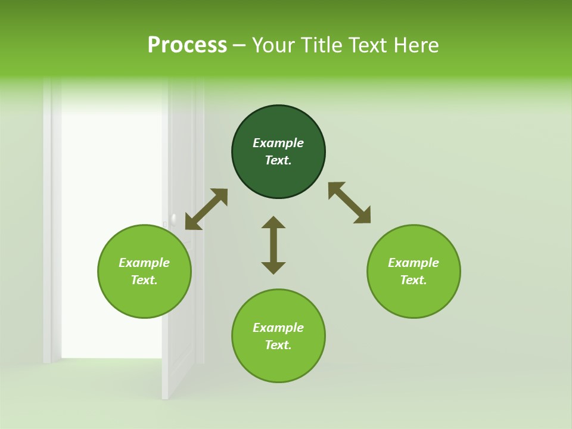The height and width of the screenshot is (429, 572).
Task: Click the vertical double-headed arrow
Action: [273, 245]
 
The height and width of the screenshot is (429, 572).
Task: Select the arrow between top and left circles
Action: [206, 209]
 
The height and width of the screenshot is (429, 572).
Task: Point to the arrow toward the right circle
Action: [350, 203]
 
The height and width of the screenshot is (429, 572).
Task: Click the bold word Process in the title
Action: [187, 45]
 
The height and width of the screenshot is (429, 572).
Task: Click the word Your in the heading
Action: [273, 45]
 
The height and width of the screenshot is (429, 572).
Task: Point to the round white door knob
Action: [173, 219]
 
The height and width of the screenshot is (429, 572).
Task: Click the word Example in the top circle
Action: [278, 143]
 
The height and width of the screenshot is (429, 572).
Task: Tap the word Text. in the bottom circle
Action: [278, 345]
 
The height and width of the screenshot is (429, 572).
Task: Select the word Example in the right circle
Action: [414, 263]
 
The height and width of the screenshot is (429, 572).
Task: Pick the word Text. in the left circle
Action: [144, 280]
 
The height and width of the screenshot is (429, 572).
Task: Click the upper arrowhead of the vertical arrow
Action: [273, 222]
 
